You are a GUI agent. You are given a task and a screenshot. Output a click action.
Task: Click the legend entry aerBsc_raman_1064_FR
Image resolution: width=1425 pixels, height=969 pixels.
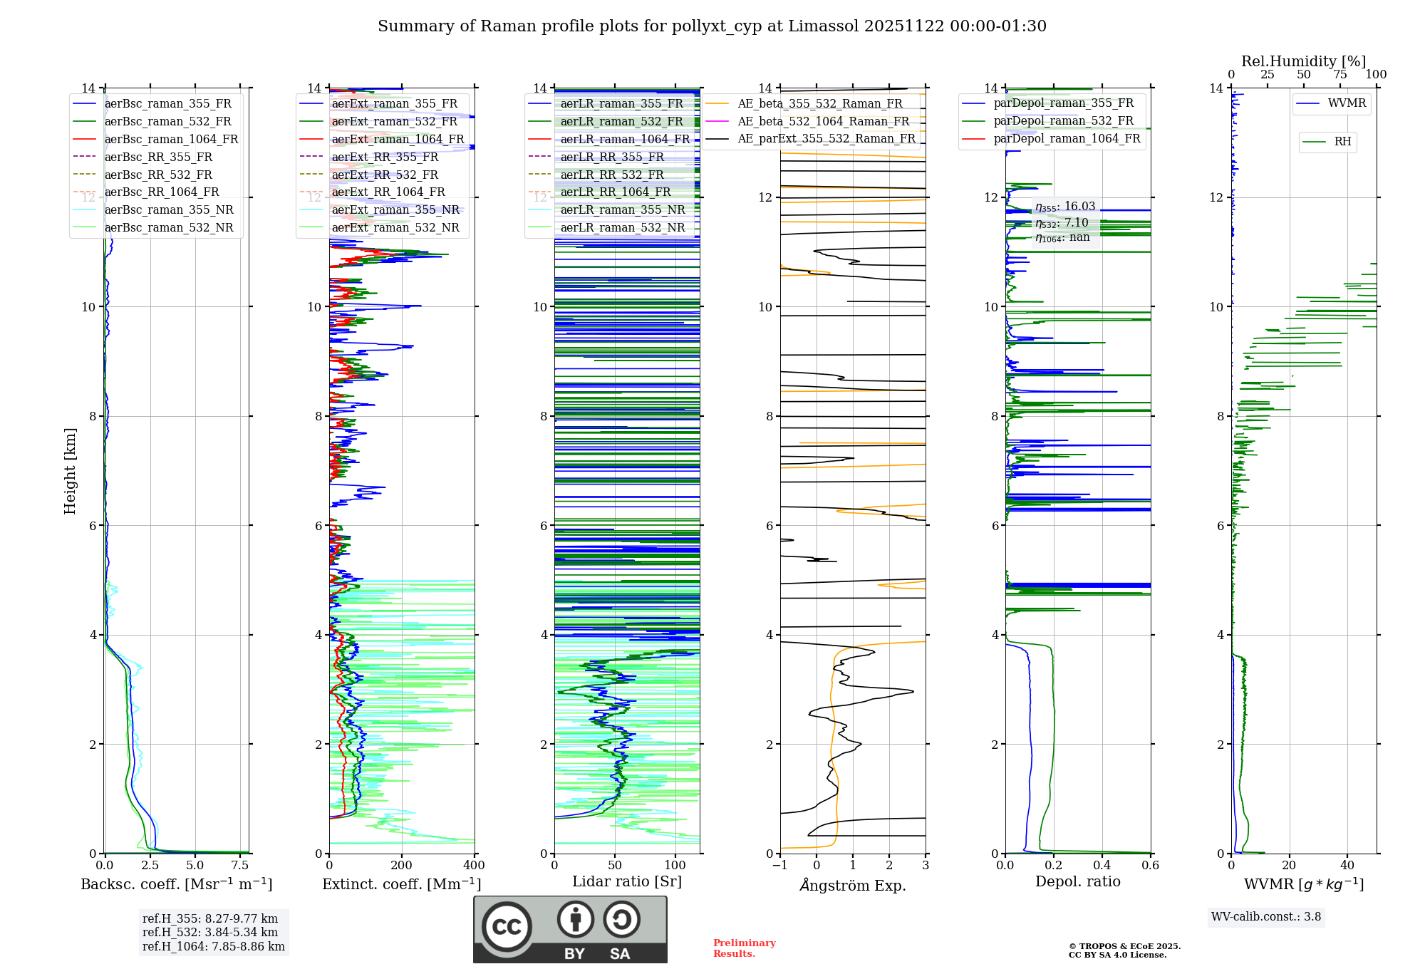click(171, 140)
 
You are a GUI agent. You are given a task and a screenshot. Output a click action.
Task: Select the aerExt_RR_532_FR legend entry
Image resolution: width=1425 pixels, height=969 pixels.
click(385, 175)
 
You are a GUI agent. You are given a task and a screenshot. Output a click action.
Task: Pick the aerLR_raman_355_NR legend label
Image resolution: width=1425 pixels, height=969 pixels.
click(622, 209)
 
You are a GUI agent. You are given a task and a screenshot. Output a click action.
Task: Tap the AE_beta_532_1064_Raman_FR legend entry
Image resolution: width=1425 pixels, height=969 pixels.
click(823, 122)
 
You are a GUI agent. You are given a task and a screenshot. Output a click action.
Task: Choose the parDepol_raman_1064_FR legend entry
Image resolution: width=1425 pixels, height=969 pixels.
click(1067, 138)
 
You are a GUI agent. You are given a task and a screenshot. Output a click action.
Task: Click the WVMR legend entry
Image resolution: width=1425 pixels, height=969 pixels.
click(1347, 103)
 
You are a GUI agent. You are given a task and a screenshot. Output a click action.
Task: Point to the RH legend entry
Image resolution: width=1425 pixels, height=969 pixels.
click(1342, 142)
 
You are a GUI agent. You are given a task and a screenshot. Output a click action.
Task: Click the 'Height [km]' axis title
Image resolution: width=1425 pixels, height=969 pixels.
click(70, 471)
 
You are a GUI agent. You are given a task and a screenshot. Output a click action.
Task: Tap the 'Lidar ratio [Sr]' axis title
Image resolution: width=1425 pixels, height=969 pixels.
click(627, 881)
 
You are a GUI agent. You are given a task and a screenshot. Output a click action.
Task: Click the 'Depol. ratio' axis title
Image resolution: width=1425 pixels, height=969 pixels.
click(1077, 881)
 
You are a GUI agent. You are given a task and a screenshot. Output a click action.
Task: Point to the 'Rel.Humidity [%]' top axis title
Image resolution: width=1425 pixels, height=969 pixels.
click(1303, 61)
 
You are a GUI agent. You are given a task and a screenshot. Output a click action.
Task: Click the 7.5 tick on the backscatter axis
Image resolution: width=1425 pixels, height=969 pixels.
click(240, 865)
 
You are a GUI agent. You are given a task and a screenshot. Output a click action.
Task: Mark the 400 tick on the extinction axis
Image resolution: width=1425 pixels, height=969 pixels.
click(474, 865)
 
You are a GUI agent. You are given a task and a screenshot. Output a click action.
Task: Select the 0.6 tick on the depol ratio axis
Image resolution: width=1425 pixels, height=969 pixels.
click(1150, 865)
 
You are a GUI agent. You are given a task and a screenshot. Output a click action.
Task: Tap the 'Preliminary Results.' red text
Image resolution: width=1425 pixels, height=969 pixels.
click(744, 948)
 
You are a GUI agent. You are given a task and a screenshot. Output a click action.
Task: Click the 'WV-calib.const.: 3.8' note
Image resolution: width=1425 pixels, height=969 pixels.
click(1265, 917)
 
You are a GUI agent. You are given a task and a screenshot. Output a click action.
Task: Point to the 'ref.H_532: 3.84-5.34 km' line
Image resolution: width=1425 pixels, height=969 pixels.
click(210, 932)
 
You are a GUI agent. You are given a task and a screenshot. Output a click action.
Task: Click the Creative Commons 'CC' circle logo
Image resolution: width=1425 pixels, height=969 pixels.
click(507, 926)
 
